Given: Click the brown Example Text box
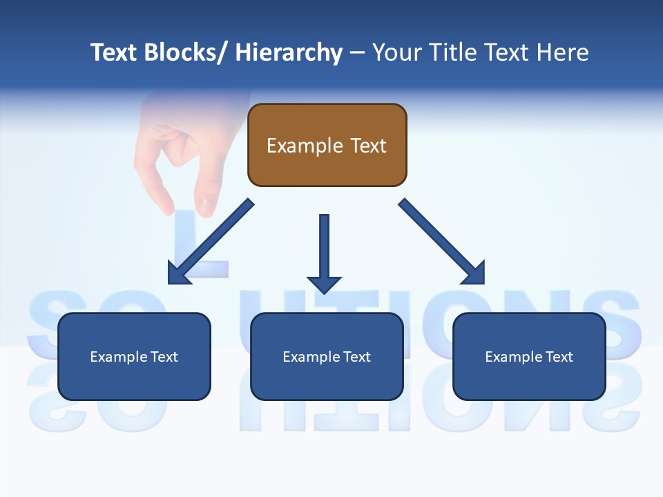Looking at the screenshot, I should tap(327, 145).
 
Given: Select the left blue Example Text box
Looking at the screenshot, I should tap(134, 356).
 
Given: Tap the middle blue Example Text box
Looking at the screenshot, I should tap(327, 356).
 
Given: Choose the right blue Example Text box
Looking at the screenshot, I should tap(529, 356).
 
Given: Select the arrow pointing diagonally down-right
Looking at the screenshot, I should tap(442, 242).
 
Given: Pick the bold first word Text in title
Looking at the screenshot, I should tap(115, 52).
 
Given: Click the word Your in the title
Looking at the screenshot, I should tap(396, 52).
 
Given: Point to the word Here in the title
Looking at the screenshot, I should tap(562, 52).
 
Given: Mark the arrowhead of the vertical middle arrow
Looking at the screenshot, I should tap(324, 284).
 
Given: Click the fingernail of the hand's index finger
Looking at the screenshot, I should tap(206, 205).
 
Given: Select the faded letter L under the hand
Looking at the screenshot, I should tap(200, 242).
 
